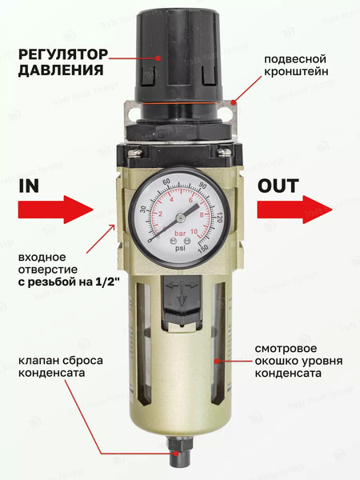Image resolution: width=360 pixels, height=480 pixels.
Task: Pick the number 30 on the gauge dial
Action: (142, 210)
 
